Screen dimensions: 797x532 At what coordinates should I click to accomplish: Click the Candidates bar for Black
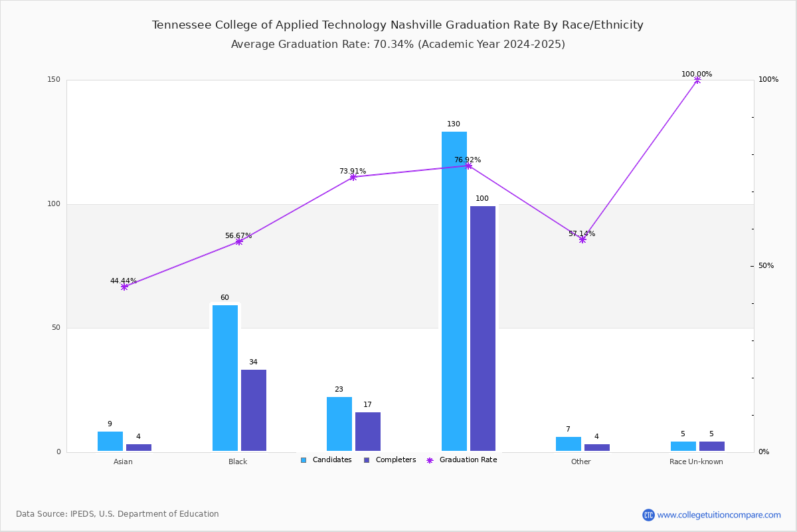[225, 378]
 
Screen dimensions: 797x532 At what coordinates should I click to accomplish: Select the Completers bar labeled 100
[482, 329]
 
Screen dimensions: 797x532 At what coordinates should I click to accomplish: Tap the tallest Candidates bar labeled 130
[454, 291]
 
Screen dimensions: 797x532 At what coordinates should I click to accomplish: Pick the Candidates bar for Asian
[110, 441]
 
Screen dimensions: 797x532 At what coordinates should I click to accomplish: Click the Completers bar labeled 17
[368, 432]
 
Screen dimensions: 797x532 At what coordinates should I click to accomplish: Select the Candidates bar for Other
[569, 444]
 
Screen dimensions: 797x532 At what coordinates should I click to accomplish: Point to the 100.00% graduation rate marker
[697, 80]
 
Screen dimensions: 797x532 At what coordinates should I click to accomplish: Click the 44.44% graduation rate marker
[124, 287]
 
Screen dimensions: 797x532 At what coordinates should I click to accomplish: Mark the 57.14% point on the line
[582, 240]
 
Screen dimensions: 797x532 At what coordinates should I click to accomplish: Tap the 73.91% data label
[353, 171]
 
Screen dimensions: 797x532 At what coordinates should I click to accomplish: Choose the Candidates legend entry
[326, 460]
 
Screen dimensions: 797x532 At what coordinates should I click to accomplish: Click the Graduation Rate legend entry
[462, 460]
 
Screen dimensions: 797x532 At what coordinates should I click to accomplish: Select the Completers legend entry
[390, 460]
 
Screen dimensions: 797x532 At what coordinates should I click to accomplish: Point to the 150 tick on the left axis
[54, 79]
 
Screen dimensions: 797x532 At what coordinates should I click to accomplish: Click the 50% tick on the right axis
[766, 265]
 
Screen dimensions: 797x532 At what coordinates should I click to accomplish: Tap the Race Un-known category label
[696, 462]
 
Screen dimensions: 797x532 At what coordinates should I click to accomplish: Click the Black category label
[238, 462]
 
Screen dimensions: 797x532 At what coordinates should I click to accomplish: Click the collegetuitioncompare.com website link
[719, 515]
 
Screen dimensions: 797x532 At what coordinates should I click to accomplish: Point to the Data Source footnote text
[118, 514]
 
